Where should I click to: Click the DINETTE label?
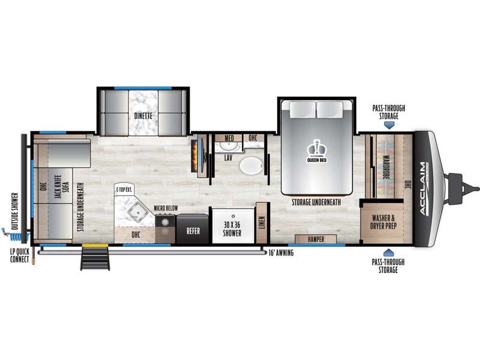click(x=143, y=116)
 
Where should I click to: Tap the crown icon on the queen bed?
click(x=317, y=148)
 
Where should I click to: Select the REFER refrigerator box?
click(x=193, y=229)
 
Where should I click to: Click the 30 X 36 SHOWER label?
click(x=232, y=229)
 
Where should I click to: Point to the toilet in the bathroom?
click(x=251, y=166)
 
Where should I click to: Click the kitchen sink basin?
click(x=137, y=212)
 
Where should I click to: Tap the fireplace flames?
click(x=194, y=156)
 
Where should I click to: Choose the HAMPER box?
click(x=316, y=239)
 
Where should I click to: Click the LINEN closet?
click(x=262, y=223)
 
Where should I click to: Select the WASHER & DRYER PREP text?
click(x=383, y=222)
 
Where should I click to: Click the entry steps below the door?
click(x=95, y=259)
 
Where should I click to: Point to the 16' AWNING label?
click(x=281, y=253)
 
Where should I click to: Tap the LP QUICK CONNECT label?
click(x=20, y=256)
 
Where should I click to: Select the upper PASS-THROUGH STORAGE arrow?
click(x=389, y=125)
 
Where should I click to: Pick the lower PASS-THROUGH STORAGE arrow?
click(x=388, y=253)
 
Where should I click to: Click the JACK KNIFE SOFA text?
click(x=62, y=187)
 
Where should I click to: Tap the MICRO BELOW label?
click(x=166, y=208)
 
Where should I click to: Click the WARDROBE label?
click(x=386, y=167)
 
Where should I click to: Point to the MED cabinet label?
click(x=229, y=138)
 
